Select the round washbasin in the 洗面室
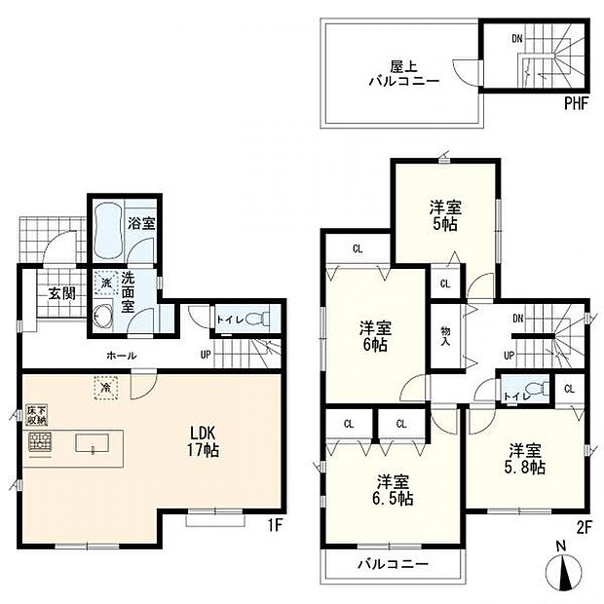point(105,317)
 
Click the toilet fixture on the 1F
point(256,319)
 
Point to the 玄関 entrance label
point(51,292)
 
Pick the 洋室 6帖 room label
point(374,335)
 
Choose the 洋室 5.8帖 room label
point(525,458)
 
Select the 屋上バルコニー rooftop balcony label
point(401,74)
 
